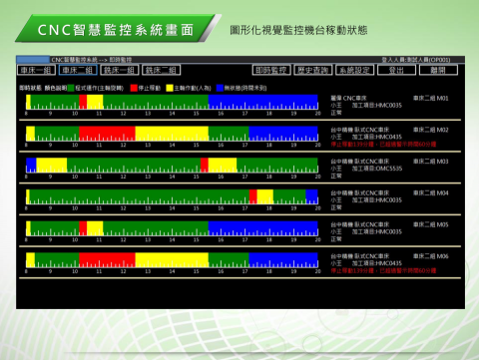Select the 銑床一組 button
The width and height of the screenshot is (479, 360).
click(x=118, y=71)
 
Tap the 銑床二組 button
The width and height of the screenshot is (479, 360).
click(x=160, y=71)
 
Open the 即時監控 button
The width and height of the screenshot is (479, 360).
click(x=269, y=71)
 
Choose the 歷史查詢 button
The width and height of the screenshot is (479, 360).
click(x=311, y=71)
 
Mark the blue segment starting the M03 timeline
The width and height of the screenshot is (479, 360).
click(x=30, y=165)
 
